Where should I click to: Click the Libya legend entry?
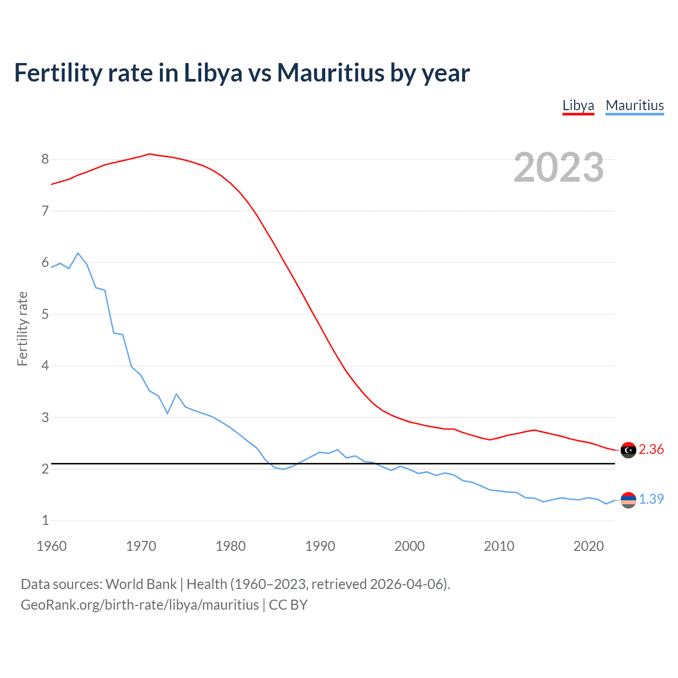click(578, 105)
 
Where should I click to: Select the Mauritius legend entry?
click(635, 105)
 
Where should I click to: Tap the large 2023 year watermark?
click(559, 167)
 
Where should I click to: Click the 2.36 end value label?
click(651, 449)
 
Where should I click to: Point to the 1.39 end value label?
click(651, 499)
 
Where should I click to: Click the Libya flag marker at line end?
click(628, 450)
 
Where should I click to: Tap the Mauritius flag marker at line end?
click(628, 499)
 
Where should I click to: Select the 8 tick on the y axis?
click(45, 159)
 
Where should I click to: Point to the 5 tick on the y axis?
click(45, 314)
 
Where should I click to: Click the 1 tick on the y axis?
click(45, 520)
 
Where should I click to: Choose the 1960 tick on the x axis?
click(51, 546)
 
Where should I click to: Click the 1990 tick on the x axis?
click(320, 546)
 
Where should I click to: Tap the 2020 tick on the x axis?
click(588, 546)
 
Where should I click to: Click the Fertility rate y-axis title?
click(22, 328)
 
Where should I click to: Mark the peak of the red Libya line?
click(149, 154)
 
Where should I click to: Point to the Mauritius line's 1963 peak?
click(78, 253)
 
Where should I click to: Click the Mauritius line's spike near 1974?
click(176, 394)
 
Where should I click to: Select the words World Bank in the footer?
click(141, 584)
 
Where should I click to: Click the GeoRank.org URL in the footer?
click(140, 604)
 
